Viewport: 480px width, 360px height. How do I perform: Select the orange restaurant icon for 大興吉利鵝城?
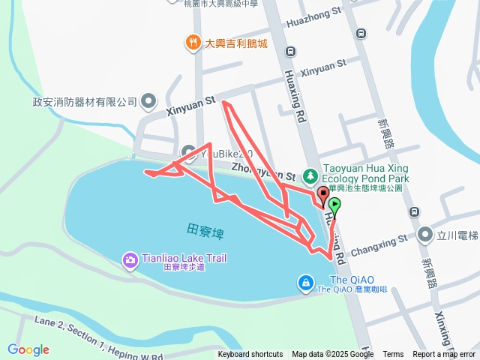tap(193, 43)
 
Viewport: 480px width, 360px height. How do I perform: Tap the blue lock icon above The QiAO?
tap(306, 283)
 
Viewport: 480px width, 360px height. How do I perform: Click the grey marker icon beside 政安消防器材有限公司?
tap(148, 101)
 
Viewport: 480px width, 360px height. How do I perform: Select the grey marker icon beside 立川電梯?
tap(425, 235)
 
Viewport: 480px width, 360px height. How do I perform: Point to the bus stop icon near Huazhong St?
tap(361, 33)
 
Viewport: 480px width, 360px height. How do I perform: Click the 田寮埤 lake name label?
tap(205, 228)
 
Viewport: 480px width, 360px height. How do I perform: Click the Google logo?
tap(28, 349)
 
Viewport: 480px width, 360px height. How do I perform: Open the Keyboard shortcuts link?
tap(250, 355)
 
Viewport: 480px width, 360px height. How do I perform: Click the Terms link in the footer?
tap(393, 355)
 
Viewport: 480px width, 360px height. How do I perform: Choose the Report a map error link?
tap(444, 355)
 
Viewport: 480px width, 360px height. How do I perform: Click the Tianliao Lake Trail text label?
tap(184, 258)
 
